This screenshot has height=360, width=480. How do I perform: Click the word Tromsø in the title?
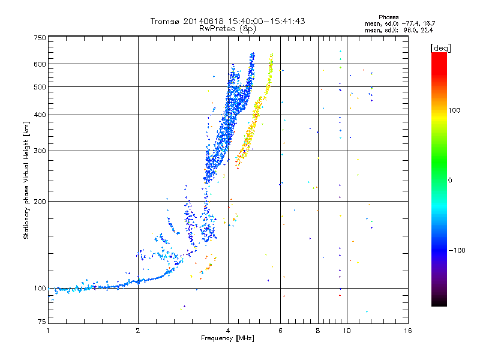pos(164,21)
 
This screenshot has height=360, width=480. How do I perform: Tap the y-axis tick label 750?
pos(40,38)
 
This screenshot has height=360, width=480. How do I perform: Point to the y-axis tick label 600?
pos(40,64)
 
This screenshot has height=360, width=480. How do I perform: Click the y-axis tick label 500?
pos(40,87)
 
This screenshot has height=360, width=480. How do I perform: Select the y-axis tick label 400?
pos(40,115)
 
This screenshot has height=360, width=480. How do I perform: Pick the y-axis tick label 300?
pos(40,151)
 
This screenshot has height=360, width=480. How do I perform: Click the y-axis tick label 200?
pos(40,201)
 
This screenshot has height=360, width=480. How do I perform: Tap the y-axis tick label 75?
pos(41,323)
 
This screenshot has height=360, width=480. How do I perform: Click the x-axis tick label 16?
pos(407,331)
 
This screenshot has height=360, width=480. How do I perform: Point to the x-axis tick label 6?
pos(281,331)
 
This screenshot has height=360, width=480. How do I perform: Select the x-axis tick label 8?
pos(318,331)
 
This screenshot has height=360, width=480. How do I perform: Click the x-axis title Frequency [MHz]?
pos(228,339)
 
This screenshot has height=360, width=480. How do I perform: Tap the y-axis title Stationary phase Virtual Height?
pos(26,180)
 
